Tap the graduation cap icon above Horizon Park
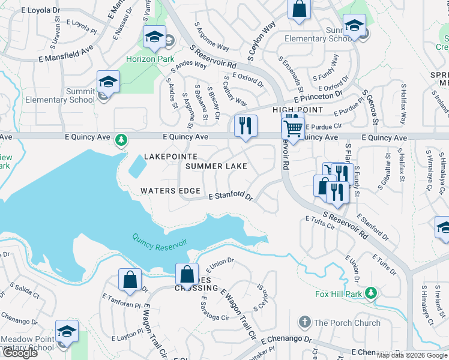[154, 37]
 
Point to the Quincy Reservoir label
[160, 243]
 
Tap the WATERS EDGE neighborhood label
[170, 191]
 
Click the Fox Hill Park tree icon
[372, 293]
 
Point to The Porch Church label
[347, 322]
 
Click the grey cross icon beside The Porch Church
[305, 322]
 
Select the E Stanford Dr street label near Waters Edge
[231, 196]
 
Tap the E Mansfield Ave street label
[66, 55]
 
